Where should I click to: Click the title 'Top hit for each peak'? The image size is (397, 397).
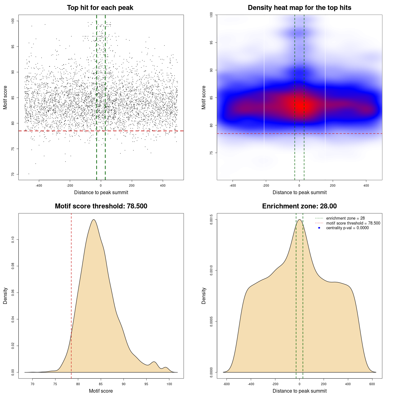[100, 8]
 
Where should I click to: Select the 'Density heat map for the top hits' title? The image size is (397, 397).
[299, 8]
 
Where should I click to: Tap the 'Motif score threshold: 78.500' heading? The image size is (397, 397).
[101, 206]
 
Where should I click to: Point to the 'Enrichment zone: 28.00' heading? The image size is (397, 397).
[299, 206]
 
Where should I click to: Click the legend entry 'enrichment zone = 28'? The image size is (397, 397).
[345, 218]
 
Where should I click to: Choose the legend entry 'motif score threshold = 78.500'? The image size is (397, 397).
[353, 223]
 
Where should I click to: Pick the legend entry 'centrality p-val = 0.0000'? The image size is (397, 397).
[347, 228]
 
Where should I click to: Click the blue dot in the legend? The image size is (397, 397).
[319, 228]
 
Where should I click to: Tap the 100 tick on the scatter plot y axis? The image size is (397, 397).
[13, 21]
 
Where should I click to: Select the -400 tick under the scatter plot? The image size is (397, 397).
[39, 186]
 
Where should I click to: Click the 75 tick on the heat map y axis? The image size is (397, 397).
[212, 153]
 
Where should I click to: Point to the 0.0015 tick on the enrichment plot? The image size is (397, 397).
[212, 220]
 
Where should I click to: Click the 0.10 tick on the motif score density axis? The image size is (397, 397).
[13, 239]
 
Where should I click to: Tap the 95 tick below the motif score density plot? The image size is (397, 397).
[146, 384]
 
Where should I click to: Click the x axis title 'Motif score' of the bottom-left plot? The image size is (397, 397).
[101, 391]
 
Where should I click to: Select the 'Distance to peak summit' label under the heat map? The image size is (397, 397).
[299, 193]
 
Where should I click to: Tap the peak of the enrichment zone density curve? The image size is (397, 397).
[300, 220]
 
